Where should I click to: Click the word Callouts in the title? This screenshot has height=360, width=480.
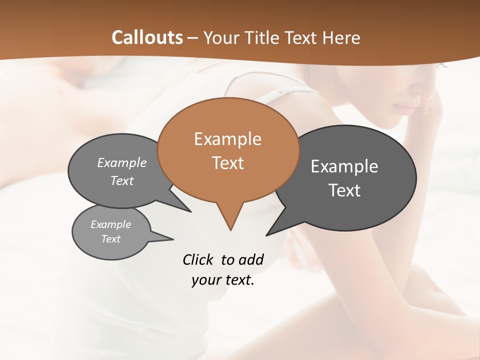click(x=147, y=37)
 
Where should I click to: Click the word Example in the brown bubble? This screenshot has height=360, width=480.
click(x=228, y=139)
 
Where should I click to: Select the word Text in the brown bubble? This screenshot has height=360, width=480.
click(x=228, y=163)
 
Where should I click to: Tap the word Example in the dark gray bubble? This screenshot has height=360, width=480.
click(x=344, y=166)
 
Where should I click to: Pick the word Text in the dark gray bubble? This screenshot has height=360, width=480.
click(x=344, y=190)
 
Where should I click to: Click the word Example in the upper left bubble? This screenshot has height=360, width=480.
click(x=122, y=163)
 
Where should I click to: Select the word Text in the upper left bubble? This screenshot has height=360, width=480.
click(x=122, y=181)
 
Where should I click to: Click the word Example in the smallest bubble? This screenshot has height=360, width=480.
click(x=111, y=224)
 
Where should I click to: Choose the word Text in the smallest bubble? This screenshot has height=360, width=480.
click(x=111, y=239)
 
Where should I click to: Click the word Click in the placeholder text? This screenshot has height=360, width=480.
click(x=198, y=259)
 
